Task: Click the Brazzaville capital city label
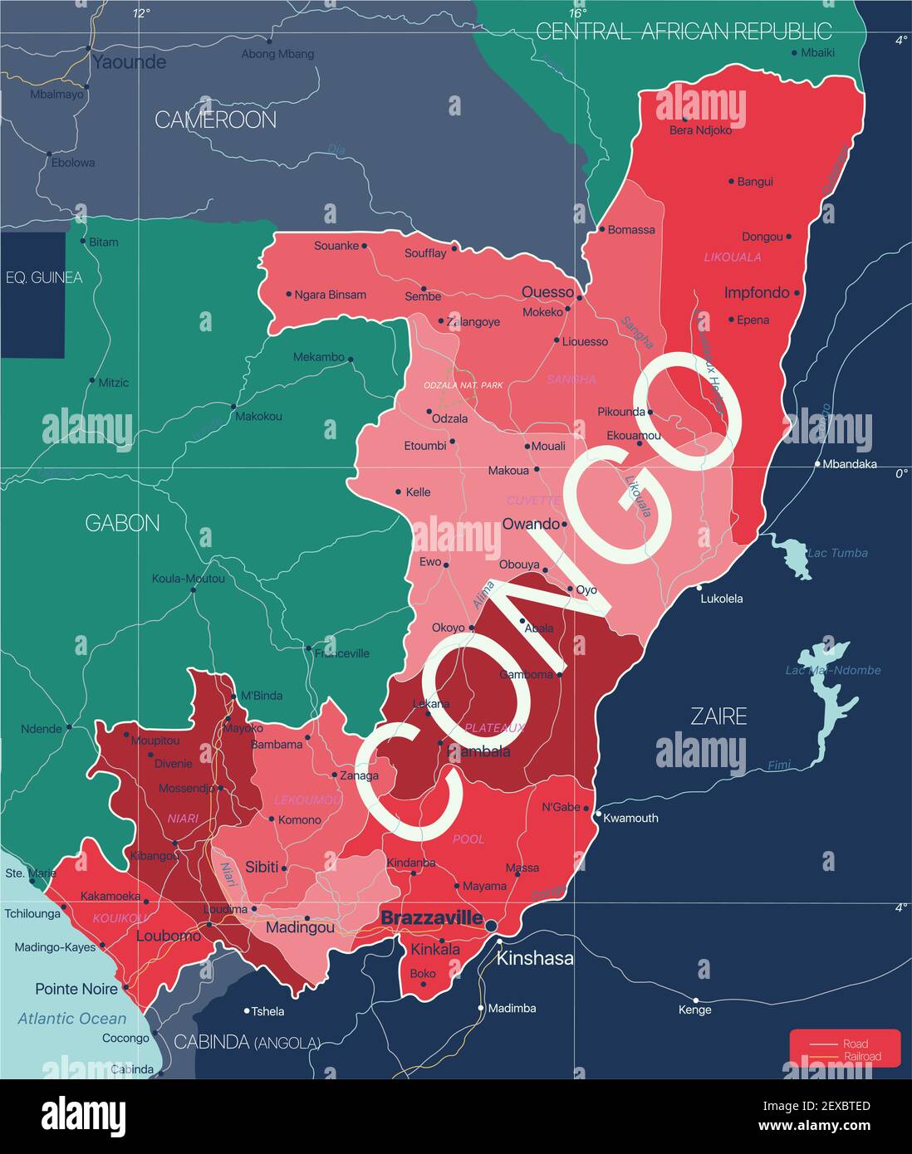(x=431, y=918)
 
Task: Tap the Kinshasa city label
(x=534, y=958)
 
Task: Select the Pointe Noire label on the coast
(x=76, y=989)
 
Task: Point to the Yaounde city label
(x=129, y=61)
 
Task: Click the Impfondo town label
(x=756, y=292)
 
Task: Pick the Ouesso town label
(x=547, y=291)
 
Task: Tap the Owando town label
(x=531, y=524)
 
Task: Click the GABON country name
(x=122, y=523)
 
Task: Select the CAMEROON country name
(x=215, y=120)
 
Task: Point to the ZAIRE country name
(x=718, y=716)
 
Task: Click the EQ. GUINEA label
(x=44, y=277)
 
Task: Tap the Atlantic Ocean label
(x=72, y=1019)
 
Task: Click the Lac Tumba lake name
(x=837, y=553)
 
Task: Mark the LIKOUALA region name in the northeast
(x=732, y=257)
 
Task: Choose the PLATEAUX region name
(x=494, y=727)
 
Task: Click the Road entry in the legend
(x=855, y=1044)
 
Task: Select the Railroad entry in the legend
(x=861, y=1057)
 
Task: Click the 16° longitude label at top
(x=577, y=13)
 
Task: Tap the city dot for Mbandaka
(x=817, y=464)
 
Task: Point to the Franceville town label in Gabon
(x=341, y=653)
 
